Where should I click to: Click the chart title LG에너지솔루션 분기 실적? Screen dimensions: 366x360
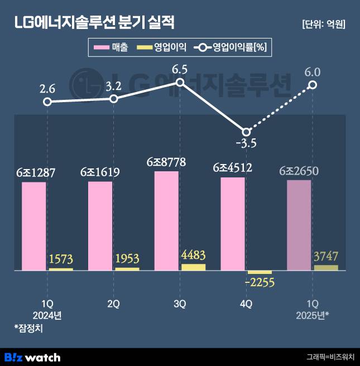click(x=94, y=23)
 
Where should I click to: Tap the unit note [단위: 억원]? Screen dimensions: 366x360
click(x=323, y=24)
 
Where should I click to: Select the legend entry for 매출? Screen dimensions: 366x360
click(x=112, y=48)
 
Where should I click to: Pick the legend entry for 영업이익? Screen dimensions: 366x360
click(x=161, y=48)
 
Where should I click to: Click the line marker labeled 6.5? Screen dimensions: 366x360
click(x=180, y=83)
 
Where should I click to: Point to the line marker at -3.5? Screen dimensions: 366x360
click(x=246, y=132)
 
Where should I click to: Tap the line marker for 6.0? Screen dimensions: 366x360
click(x=313, y=85)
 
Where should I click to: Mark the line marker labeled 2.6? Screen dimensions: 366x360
click(x=47, y=102)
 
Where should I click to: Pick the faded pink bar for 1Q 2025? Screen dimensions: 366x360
click(x=299, y=225)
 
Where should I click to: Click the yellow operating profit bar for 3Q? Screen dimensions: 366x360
click(x=193, y=267)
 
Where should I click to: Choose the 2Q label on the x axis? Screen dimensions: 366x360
click(x=113, y=304)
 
